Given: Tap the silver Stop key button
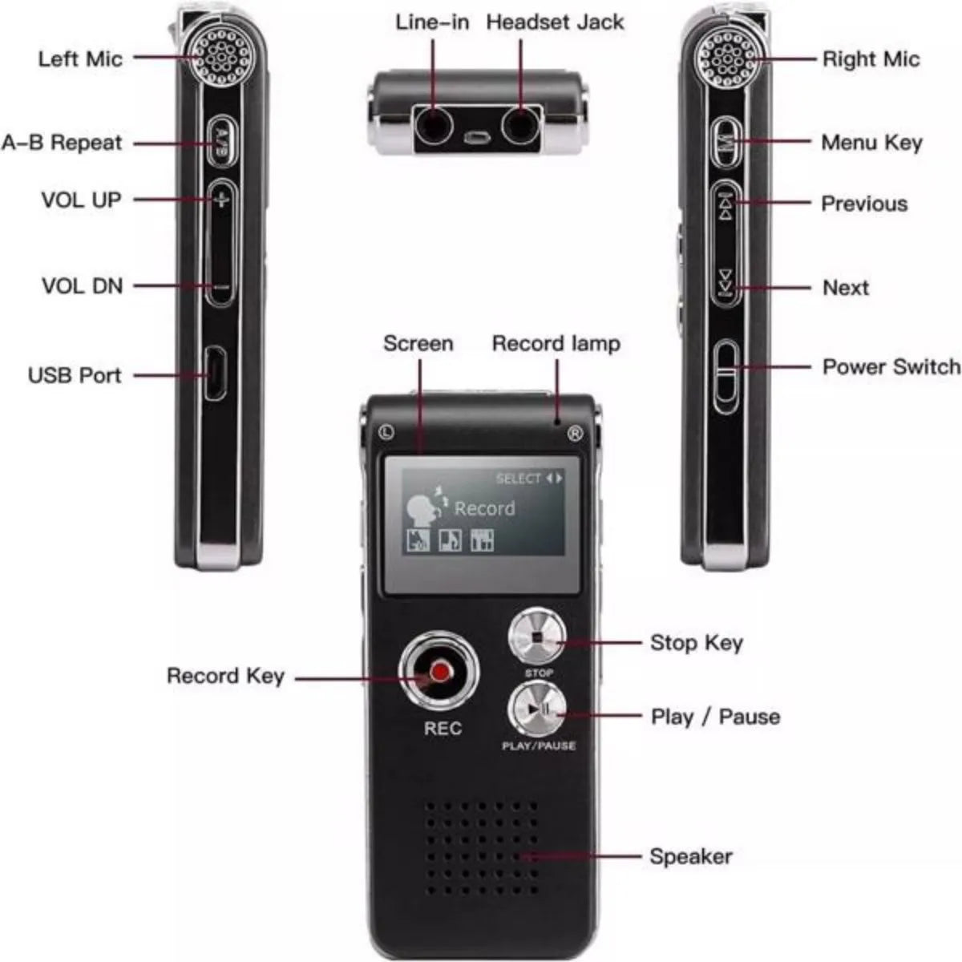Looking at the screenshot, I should pos(537,637).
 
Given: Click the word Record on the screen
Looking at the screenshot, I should pos(484,508).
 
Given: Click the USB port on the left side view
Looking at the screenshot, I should pos(214,373).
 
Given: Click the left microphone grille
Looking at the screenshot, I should pos(224,58).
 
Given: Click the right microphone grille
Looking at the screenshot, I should pos(727,59).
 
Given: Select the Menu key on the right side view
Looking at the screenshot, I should pos(726,142).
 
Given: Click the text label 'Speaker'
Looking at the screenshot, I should pos(690,856).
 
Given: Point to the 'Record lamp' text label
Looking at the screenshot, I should pos(556,344).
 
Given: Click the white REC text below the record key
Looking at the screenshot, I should pos(443,729).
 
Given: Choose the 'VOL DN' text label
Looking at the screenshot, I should pos(83,286).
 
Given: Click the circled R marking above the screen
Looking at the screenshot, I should pos(575,434).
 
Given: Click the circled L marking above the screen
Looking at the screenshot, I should pos(386,432).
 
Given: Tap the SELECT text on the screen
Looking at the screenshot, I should pos(519,479).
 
